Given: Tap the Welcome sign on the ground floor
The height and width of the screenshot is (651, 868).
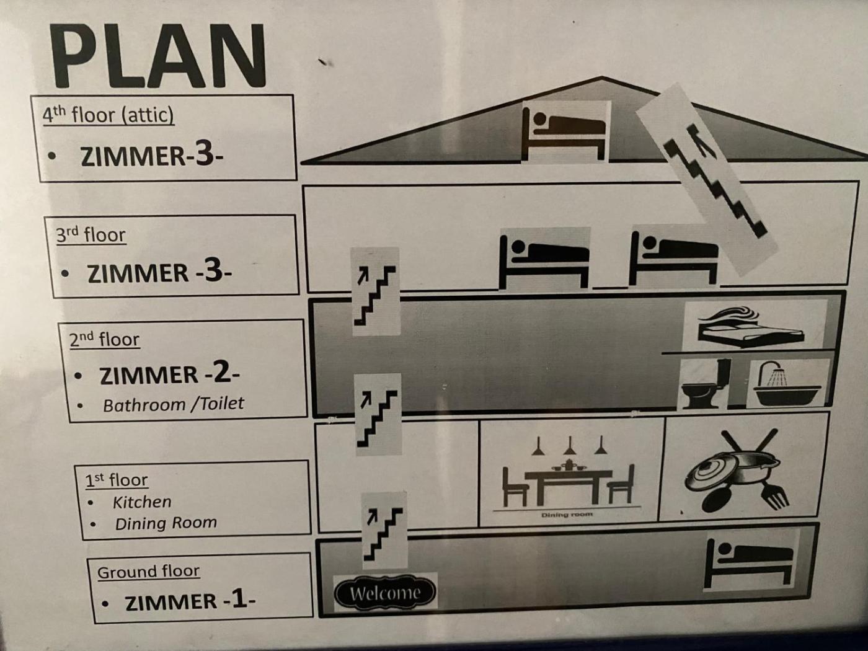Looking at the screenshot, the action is pos(385,592).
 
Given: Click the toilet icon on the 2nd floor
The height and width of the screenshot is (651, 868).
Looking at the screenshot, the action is pos(706,383).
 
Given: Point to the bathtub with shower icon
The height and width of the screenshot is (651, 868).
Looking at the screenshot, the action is pos(787,383).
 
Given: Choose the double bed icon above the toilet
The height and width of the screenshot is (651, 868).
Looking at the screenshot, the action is pos(751,326).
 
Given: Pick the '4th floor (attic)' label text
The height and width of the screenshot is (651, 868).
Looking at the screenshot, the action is pos(108,115).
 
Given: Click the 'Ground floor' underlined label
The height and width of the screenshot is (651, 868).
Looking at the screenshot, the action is pos(148,572).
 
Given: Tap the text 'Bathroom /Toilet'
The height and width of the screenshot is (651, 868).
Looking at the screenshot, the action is pos(173,404).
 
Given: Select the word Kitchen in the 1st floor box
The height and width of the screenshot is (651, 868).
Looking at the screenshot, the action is pos(142,502).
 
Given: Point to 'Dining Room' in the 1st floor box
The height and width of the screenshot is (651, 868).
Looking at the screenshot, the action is pos(166,523).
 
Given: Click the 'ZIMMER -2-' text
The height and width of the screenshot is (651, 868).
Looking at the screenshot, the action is pos(169,374).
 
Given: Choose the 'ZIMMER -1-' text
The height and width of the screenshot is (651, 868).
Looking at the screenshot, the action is pos(190,601).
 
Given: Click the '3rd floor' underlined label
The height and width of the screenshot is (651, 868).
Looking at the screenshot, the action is pos(91,235).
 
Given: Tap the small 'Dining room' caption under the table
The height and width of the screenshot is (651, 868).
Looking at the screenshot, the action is pos(567,515).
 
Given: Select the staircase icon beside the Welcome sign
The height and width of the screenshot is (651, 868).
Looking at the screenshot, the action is pos(384,531).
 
